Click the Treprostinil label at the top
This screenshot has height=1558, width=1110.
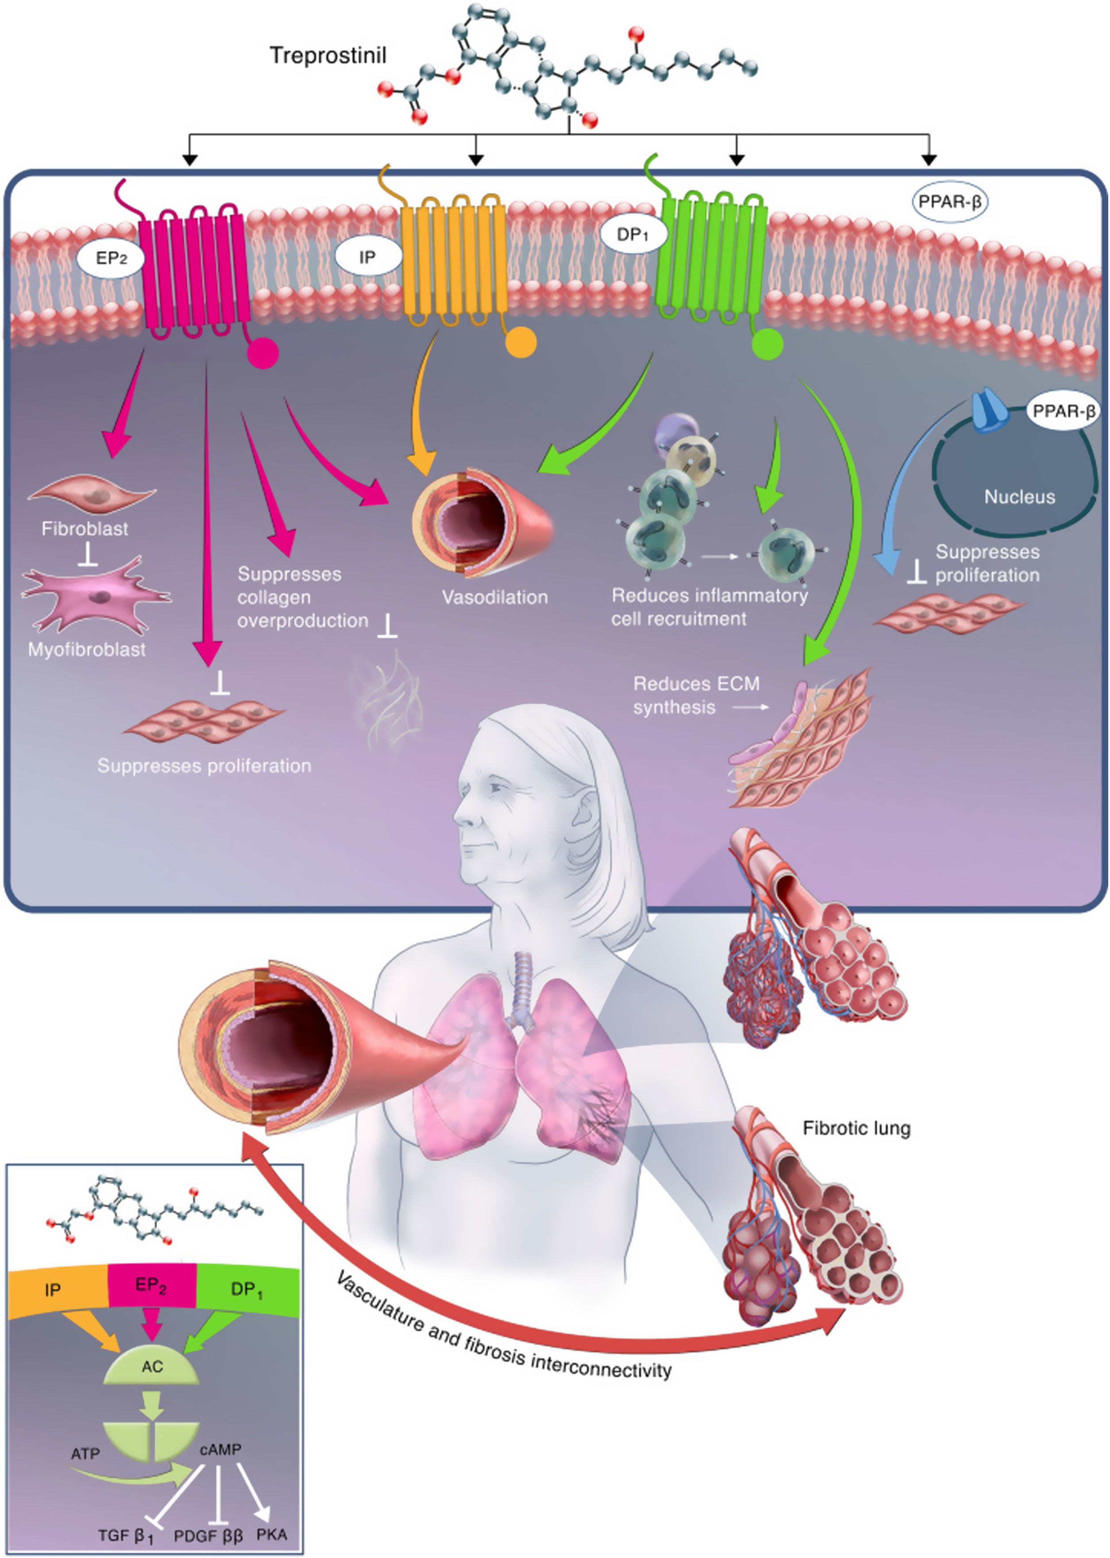pos(328,55)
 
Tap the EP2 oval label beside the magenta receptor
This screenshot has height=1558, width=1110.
pos(111,259)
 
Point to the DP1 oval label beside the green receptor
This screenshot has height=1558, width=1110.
pos(632,235)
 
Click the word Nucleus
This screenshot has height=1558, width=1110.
pos(1019,496)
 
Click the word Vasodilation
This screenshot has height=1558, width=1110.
pos(495,597)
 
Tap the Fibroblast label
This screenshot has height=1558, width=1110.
pos(85,529)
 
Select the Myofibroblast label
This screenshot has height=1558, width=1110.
pos(87,649)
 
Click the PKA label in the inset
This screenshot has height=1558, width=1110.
pos(271,1534)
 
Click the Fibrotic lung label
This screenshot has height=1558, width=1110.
pos(856,1128)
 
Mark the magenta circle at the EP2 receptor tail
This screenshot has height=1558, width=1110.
pos(263,353)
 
